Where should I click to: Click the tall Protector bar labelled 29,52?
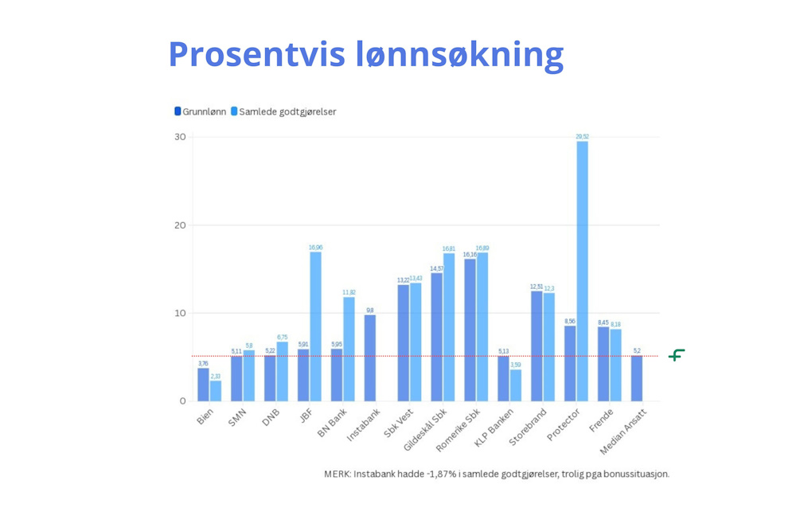pyautogui.click(x=582, y=271)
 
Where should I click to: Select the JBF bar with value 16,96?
pyautogui.click(x=315, y=326)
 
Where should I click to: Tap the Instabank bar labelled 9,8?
pyautogui.click(x=370, y=357)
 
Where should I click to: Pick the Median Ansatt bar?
pyautogui.click(x=637, y=378)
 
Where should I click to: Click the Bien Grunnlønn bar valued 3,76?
pyautogui.click(x=203, y=385)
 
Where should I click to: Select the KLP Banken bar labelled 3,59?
pyautogui.click(x=516, y=385)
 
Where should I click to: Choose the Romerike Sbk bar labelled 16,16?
pyautogui.click(x=470, y=330)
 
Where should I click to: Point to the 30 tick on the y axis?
pyautogui.click(x=180, y=137)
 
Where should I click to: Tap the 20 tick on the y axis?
pyautogui.click(x=180, y=225)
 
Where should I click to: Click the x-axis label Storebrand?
pyautogui.click(x=529, y=427)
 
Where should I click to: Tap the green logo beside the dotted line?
pyautogui.click(x=677, y=355)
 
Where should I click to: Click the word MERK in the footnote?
pyautogui.click(x=338, y=474)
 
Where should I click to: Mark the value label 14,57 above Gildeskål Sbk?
pyautogui.click(x=436, y=269)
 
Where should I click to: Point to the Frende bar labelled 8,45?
pyautogui.click(x=603, y=364)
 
